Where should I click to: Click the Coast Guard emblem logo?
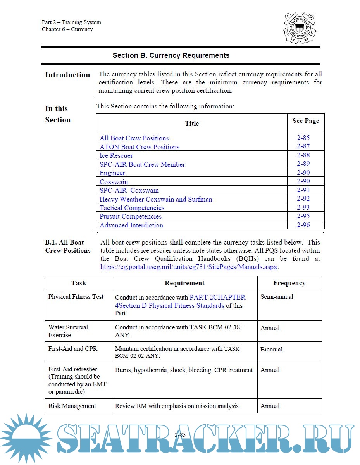pyautogui.click(x=300, y=28)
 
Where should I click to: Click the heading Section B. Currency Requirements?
pyautogui.click(x=171, y=55)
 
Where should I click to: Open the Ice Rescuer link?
pyautogui.click(x=116, y=156)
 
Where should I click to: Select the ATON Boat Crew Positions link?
pyautogui.click(x=140, y=147)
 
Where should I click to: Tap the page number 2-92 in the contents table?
pyautogui.click(x=303, y=199)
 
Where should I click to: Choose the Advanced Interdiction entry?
pyautogui.click(x=131, y=226)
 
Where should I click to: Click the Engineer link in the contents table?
pyautogui.click(x=112, y=173)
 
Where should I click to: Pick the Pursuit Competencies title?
pyautogui.click(x=131, y=217)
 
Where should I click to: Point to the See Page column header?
pyautogui.click(x=306, y=121)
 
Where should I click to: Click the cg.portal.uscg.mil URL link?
pyautogui.click(x=189, y=267)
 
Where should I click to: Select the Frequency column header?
pyautogui.click(x=289, y=283)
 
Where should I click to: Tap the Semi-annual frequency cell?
pyautogui.click(x=277, y=297)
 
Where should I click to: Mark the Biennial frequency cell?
pyautogui.click(x=271, y=350)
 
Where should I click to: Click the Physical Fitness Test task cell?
pyautogui.click(x=76, y=297)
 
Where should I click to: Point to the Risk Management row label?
pyautogui.click(x=72, y=406)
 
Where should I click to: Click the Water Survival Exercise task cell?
pyautogui.click(x=68, y=331)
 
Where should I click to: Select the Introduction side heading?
pyautogui.click(x=67, y=75)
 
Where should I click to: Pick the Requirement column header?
pyautogui.click(x=184, y=283)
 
